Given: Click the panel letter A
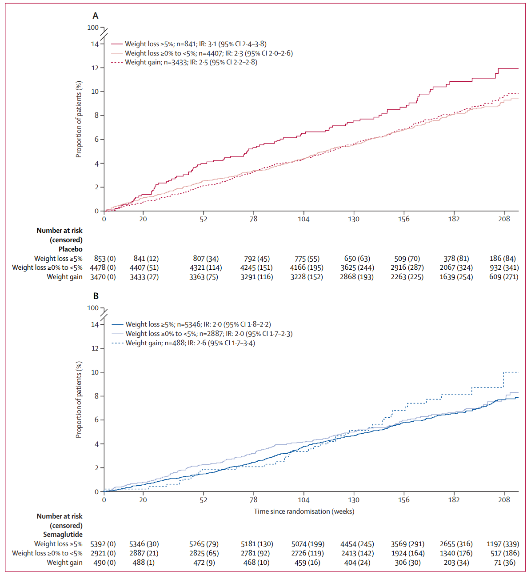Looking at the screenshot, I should (x=96, y=16).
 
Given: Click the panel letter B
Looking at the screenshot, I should (x=96, y=296).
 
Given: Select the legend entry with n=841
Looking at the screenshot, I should (x=196, y=44).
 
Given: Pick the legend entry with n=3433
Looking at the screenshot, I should (x=191, y=62).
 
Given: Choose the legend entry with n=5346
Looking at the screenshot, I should (x=198, y=324).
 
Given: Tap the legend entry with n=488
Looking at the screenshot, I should (x=190, y=343).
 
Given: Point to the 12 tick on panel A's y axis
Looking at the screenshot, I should (x=95, y=68).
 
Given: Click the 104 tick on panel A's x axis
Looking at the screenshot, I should (x=303, y=219).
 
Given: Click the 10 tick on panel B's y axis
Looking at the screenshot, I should (x=95, y=372).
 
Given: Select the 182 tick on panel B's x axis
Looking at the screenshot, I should (x=454, y=499).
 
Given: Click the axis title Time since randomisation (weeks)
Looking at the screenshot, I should (x=304, y=511).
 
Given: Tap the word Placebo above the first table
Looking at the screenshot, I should (x=71, y=249).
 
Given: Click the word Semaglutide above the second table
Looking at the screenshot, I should (x=63, y=535).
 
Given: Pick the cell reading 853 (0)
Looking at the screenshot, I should (x=105, y=259).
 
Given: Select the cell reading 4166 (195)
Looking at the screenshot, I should (x=307, y=268).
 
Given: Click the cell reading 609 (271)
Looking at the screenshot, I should (x=503, y=277).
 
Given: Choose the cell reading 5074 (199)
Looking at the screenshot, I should (x=308, y=544).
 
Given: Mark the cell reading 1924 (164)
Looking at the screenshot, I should (x=407, y=553).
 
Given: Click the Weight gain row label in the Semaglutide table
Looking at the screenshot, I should (x=64, y=563).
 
